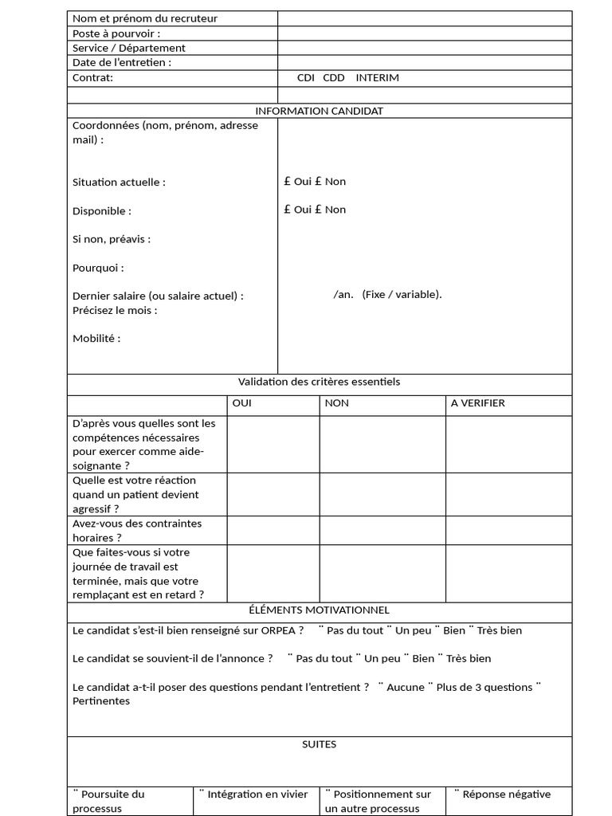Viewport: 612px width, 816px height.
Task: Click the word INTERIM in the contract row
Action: [x=377, y=78]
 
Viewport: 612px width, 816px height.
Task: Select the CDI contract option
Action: [x=306, y=78]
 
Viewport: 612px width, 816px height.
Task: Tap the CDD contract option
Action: [x=334, y=78]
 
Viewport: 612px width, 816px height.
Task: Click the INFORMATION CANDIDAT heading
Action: [x=319, y=111]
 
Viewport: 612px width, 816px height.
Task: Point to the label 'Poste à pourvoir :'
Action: [x=116, y=33]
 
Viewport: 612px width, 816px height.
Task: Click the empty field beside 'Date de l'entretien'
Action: [x=425, y=62]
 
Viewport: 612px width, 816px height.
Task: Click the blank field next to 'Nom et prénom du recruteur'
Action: [x=425, y=18]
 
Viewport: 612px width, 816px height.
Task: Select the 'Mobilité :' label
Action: [x=96, y=339]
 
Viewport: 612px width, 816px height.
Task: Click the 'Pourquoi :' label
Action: [x=98, y=268]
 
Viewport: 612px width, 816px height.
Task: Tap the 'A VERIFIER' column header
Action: [x=478, y=403]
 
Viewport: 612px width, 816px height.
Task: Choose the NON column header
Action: [x=337, y=403]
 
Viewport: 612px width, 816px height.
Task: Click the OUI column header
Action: [x=241, y=403]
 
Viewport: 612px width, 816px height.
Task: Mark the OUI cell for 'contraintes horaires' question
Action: [x=273, y=531]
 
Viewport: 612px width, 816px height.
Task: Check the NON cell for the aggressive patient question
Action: [x=382, y=494]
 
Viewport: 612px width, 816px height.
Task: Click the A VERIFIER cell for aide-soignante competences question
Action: [x=508, y=444]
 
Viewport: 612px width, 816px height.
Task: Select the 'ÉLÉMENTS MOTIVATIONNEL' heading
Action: [x=319, y=610]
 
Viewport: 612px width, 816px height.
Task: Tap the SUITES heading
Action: [x=319, y=744]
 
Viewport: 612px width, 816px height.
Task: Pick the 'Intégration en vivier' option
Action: [x=253, y=794]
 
